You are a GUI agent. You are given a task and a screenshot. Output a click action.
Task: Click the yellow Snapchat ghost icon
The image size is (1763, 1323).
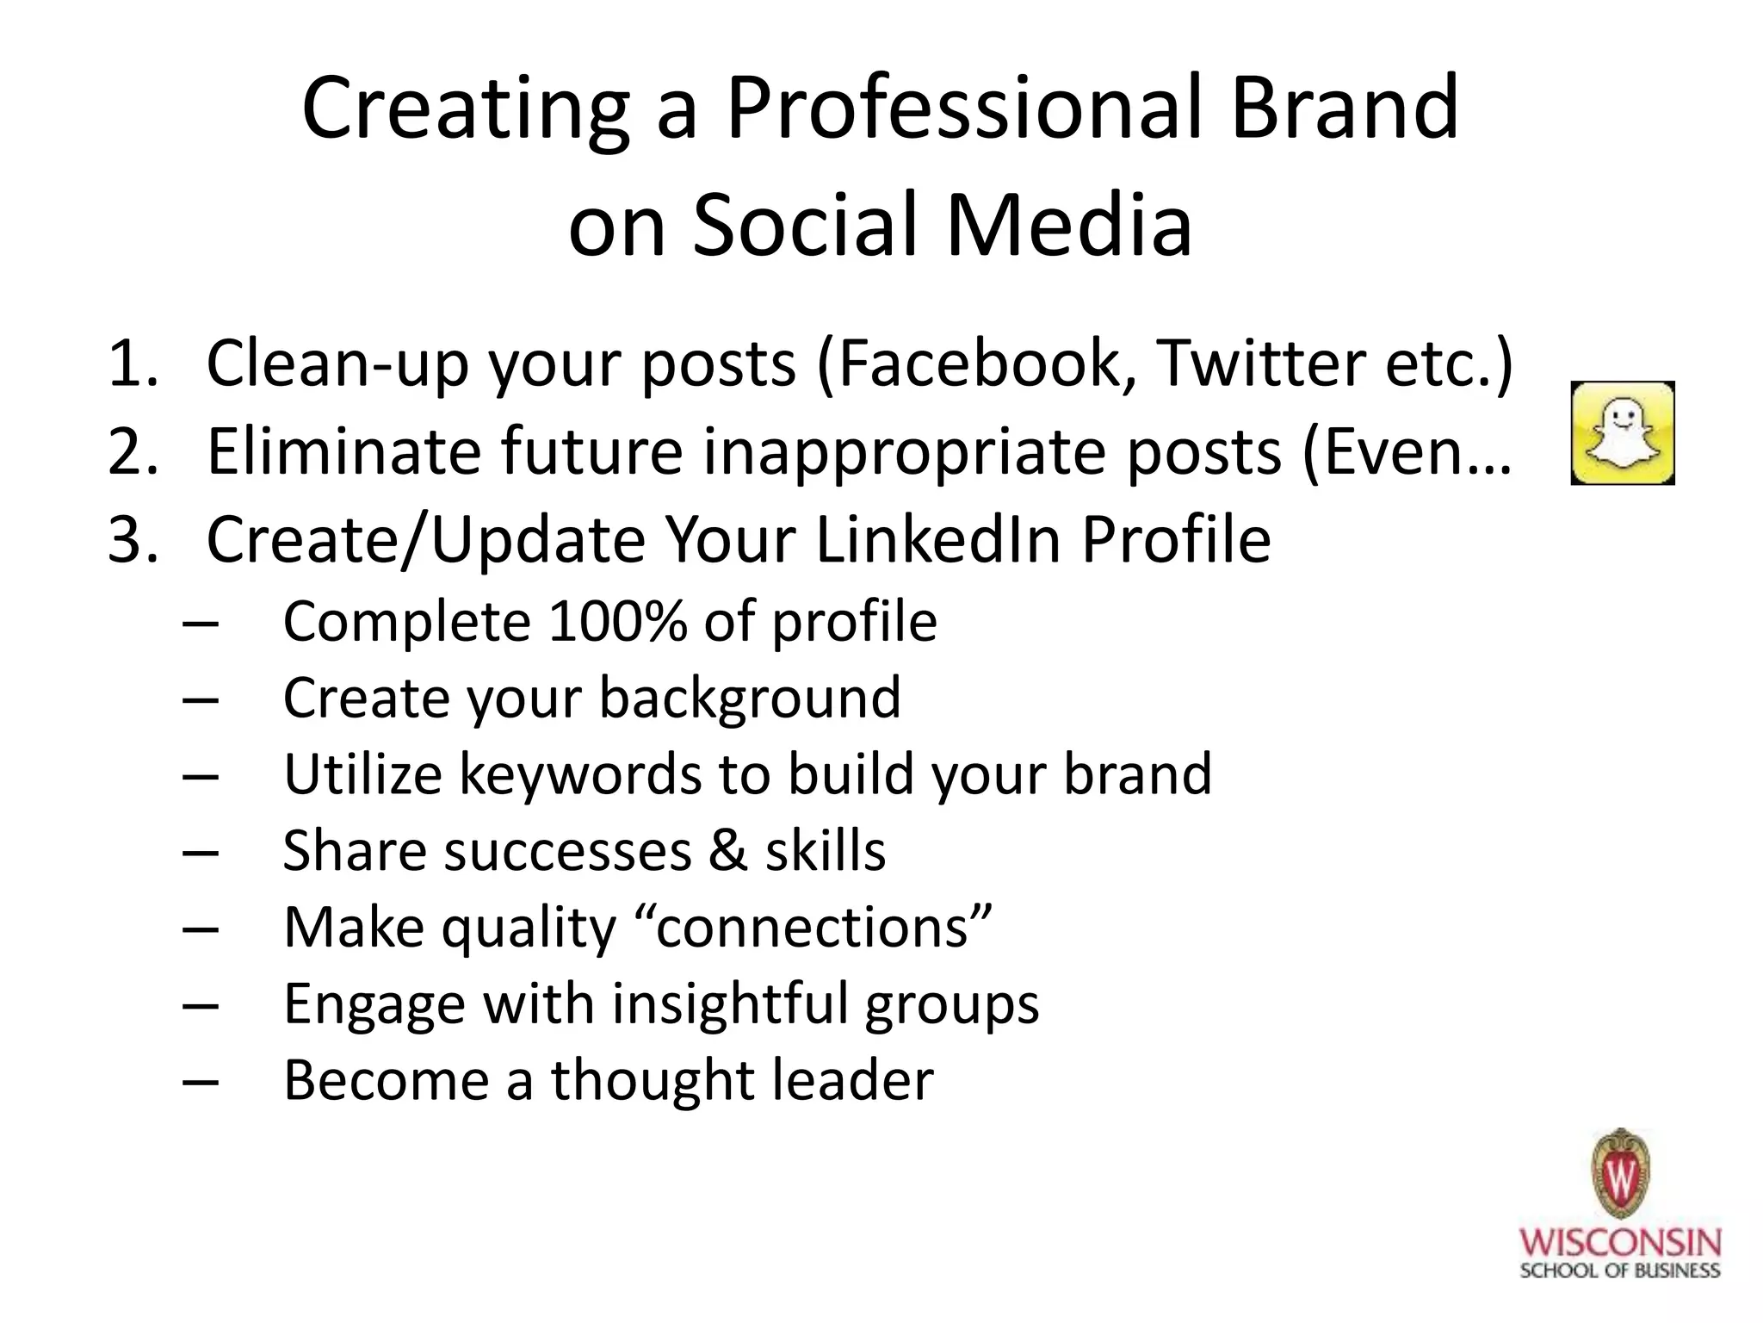(x=1622, y=432)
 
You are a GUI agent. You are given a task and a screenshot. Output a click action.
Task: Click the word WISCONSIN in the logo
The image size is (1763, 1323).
(x=1620, y=1243)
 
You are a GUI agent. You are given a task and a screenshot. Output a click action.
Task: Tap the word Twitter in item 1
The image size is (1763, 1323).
(x=1260, y=363)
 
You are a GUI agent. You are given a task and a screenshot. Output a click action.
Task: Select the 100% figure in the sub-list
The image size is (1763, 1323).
(x=617, y=621)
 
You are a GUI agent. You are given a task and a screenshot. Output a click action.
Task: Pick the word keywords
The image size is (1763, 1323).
(x=579, y=773)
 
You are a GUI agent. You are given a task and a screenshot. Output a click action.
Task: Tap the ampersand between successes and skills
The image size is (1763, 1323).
(x=728, y=850)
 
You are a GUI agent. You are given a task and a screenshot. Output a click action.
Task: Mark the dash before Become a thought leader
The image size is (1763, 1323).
(x=201, y=1081)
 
